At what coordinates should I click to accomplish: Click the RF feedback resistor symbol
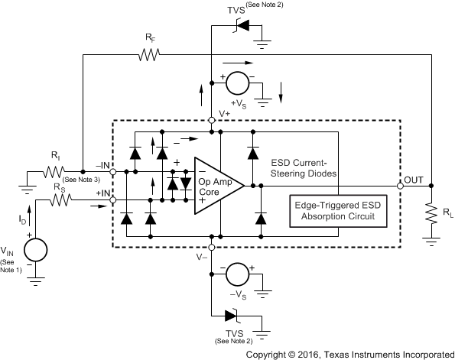click(x=148, y=54)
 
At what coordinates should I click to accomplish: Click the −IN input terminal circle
click(x=114, y=173)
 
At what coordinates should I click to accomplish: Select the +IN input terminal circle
click(x=114, y=200)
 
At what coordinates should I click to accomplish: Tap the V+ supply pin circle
click(x=211, y=120)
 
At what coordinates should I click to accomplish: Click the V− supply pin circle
click(x=211, y=248)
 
